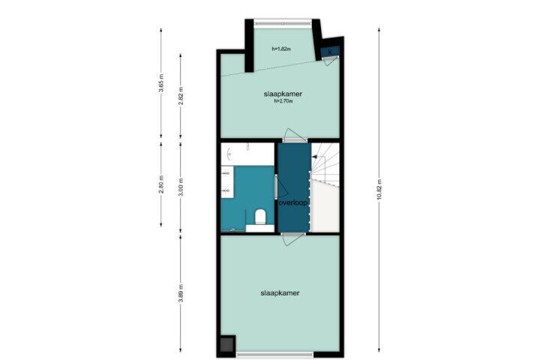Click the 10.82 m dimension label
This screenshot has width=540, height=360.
click(x=379, y=190)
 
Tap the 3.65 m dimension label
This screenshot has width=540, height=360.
click(x=160, y=83)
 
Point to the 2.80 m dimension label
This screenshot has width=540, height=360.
click(x=160, y=184)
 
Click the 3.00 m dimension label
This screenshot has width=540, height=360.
click(x=181, y=187)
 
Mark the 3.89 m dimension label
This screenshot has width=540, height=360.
click(x=181, y=293)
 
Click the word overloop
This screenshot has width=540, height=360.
click(x=293, y=203)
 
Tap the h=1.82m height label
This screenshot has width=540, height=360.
click(x=281, y=49)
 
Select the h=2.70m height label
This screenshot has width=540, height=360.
click(x=283, y=101)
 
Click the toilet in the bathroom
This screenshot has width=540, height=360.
click(x=260, y=217)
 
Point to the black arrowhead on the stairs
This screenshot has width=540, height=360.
click(x=314, y=157)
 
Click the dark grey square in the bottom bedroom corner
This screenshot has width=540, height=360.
click(x=227, y=344)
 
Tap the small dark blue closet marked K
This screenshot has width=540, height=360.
click(x=330, y=52)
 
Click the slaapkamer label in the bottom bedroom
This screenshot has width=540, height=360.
click(x=280, y=293)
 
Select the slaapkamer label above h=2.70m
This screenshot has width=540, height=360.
click(x=283, y=94)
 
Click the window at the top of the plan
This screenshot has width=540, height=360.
click(x=283, y=22)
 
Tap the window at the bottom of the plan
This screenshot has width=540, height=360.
click(x=274, y=354)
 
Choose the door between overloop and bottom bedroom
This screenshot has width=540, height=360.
click(x=293, y=238)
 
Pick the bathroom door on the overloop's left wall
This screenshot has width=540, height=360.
click(x=280, y=187)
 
